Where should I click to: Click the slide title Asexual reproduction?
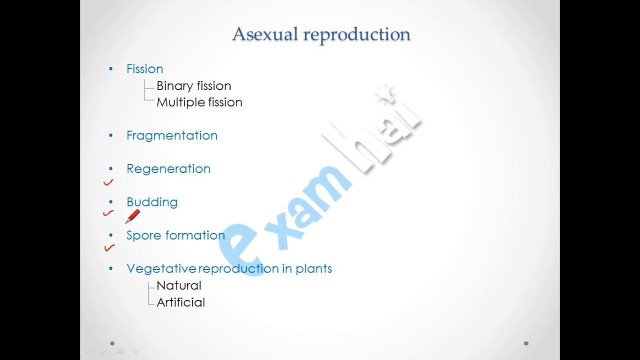[x=321, y=34]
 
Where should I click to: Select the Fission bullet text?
[x=144, y=69]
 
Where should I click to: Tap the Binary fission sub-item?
[x=193, y=86]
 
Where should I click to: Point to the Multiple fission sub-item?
[x=199, y=102]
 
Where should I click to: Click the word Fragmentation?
[x=171, y=135]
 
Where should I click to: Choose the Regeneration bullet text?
[x=168, y=169]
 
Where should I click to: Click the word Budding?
[x=151, y=202]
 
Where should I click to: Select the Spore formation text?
[x=175, y=235]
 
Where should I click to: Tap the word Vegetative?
[x=161, y=269]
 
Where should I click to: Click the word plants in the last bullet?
[x=313, y=268]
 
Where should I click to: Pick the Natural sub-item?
[x=178, y=286]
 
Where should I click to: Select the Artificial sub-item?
[x=180, y=302]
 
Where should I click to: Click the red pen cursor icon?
[x=132, y=216]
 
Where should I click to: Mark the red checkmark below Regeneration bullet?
[x=108, y=183]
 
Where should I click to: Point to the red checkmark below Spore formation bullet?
[x=108, y=247]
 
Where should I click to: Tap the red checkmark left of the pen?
[x=108, y=213]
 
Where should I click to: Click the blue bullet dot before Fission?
[x=111, y=69]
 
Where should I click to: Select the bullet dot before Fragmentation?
[x=111, y=135]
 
